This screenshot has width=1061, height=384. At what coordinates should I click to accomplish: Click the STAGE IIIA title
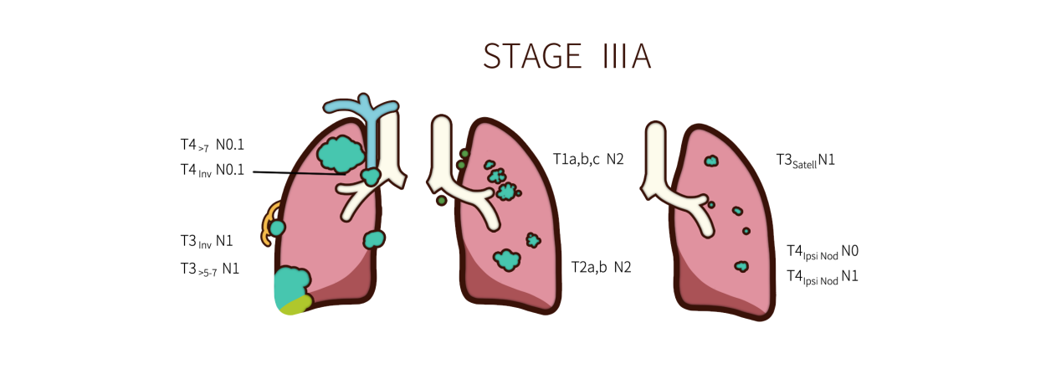point(567,56)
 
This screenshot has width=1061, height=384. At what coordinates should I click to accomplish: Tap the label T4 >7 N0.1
point(213,145)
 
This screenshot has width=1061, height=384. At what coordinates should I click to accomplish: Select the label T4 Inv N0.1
point(213,170)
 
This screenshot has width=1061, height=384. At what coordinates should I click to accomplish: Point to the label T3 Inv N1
point(207,242)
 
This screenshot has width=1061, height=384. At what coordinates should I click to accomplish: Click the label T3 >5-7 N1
point(210,269)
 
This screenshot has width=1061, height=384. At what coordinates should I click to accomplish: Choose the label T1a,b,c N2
point(588,159)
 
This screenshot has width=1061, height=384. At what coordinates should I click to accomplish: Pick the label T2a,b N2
point(602,267)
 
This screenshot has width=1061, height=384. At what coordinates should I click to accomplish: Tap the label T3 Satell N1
point(805,161)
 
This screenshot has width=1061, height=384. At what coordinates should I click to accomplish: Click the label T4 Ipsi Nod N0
point(823,252)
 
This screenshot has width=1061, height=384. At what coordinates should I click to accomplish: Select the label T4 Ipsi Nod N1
point(823,277)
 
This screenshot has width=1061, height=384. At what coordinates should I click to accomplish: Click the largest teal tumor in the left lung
point(341,155)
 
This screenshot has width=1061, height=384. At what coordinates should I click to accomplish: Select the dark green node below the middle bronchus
point(442,201)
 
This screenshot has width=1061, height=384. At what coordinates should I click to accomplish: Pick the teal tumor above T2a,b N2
point(507,260)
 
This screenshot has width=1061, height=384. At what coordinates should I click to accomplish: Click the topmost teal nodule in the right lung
point(711,161)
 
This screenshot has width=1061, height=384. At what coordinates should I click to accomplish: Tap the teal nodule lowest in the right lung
point(741,267)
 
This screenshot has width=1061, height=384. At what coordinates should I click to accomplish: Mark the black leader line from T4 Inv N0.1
point(299,173)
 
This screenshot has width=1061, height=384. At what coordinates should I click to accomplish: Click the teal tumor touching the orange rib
point(277,228)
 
